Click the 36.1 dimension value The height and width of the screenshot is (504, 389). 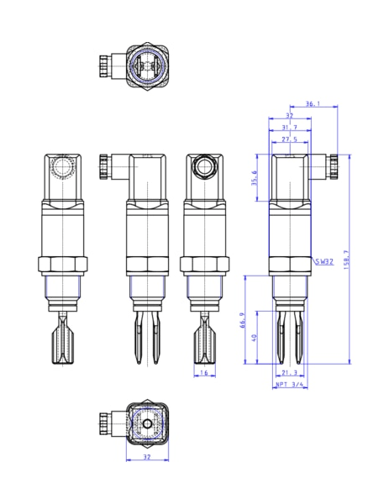(312, 104)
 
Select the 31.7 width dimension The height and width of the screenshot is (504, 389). (289, 127)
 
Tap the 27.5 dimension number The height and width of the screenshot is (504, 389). (289, 139)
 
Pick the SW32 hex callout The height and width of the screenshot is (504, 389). (324, 262)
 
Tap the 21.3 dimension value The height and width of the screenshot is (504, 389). (290, 372)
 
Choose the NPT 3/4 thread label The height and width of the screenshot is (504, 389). (290, 385)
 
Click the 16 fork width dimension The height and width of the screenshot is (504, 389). (202, 372)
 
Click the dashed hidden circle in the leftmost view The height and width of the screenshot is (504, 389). (62, 168)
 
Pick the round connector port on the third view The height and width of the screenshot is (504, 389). (202, 165)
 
